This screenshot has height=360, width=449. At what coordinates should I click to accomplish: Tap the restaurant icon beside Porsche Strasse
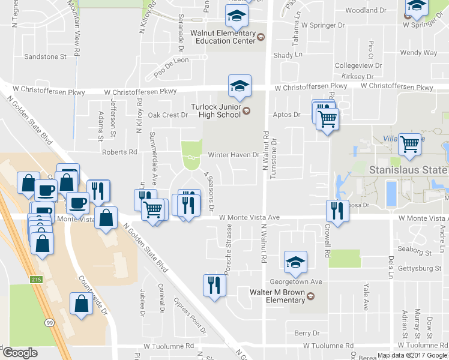click(214, 286)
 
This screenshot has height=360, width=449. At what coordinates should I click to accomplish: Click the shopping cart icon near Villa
click(409, 143)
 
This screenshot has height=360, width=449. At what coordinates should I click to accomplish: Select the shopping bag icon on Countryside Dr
click(82, 303)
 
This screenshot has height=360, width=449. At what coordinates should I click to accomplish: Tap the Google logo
click(20, 353)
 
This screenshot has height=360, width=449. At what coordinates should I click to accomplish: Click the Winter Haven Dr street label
click(233, 155)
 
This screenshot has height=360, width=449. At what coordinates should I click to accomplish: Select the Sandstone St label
click(45, 56)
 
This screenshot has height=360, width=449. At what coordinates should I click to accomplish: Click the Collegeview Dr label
click(358, 65)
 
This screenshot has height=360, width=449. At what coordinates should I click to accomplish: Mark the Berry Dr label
click(307, 333)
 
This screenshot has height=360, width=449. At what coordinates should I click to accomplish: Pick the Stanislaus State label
click(408, 170)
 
